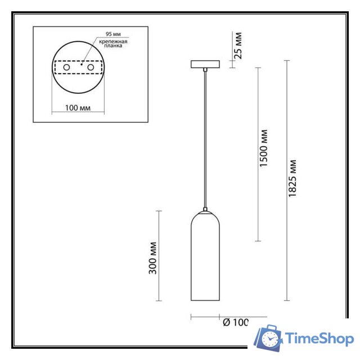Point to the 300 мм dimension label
153,257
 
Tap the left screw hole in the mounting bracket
66,68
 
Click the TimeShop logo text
319,338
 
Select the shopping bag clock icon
268,338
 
